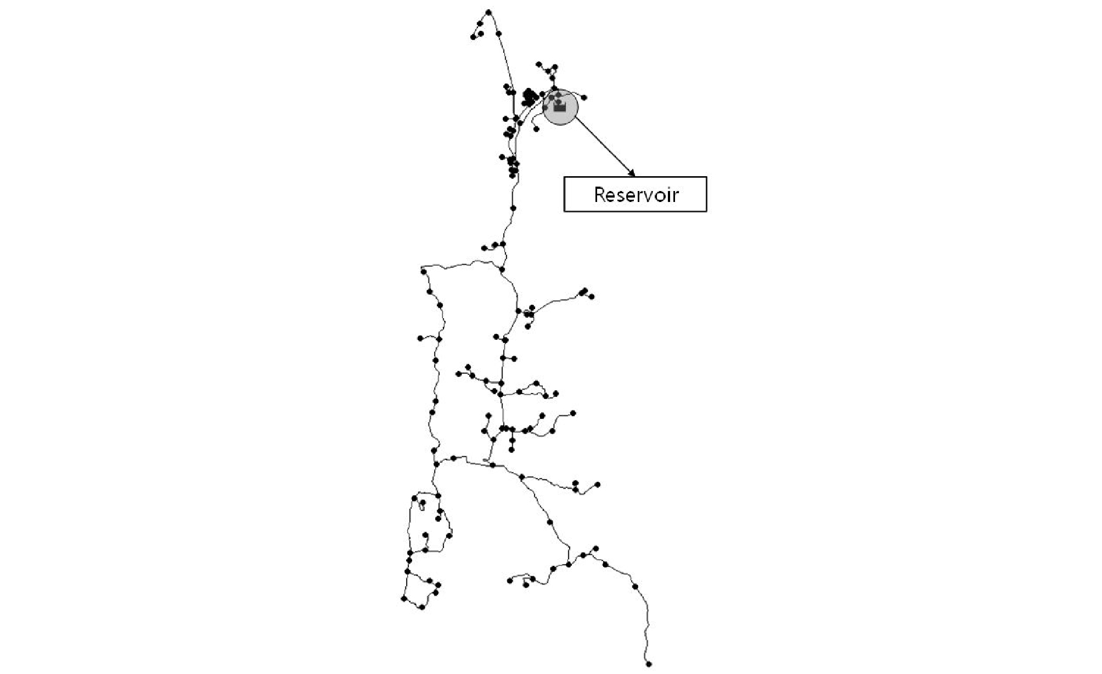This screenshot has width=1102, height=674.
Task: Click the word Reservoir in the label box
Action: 636,194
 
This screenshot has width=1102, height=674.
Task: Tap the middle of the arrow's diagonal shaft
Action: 604,147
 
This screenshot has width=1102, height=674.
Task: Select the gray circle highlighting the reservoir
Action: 560,107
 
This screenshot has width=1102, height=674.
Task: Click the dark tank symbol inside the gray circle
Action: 559,107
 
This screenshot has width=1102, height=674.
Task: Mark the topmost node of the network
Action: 488,12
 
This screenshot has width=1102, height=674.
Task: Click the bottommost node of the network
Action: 649,664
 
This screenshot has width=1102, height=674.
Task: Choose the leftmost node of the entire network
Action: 403,599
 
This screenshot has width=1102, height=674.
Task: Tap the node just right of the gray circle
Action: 584,98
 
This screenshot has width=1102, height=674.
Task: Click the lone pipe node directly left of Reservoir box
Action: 513,208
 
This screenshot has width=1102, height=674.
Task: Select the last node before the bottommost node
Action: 635,587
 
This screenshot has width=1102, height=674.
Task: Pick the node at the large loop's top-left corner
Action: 424,271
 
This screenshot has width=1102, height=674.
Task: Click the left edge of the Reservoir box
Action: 565,194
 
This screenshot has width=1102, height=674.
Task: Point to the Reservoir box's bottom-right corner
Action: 706,211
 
